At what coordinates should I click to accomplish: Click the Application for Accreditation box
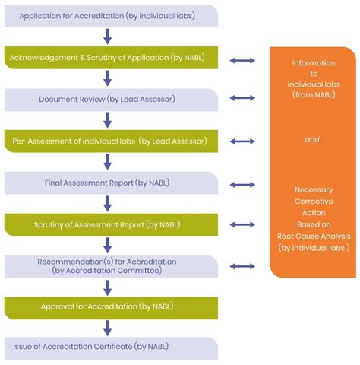click(111, 15)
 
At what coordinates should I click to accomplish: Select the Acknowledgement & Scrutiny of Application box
click(111, 58)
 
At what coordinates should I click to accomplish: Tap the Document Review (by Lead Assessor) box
click(111, 99)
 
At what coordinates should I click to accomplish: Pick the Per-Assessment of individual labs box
click(111, 141)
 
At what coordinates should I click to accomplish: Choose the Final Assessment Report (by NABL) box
click(111, 183)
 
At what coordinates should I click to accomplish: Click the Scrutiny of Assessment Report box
click(111, 225)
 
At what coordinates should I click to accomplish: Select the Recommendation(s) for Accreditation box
click(111, 266)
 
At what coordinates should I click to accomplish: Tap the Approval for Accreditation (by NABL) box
click(111, 307)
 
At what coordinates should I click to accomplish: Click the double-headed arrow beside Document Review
click(242, 98)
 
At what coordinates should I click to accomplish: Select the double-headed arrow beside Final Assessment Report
click(242, 184)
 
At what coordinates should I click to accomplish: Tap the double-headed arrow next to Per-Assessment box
click(242, 141)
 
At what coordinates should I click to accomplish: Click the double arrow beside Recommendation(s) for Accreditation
click(242, 266)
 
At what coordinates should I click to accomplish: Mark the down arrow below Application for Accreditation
click(108, 36)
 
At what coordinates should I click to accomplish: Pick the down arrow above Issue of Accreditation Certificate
click(108, 328)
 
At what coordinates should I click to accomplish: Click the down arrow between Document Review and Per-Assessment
click(108, 120)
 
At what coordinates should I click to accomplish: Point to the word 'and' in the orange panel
click(312, 140)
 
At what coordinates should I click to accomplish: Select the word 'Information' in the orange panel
click(313, 62)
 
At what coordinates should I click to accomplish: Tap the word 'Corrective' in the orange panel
click(313, 202)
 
